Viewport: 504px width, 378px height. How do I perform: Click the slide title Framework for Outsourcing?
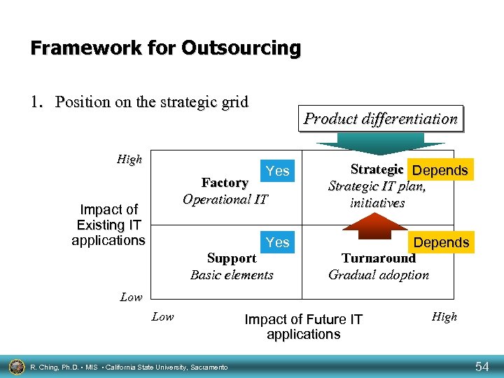166,48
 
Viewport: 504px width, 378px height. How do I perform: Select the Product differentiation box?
380,119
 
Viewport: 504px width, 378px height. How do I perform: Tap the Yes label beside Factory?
277,171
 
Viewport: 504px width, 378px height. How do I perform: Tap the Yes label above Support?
277,242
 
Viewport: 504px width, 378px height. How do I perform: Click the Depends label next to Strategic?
440,171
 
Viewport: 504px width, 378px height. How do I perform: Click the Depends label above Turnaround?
441,242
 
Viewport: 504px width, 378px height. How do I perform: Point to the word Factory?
225,183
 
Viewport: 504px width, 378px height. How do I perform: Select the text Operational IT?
225,199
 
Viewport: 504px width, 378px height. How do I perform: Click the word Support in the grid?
232,258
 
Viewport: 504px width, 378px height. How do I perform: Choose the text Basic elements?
232,274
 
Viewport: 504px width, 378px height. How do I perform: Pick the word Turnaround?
378,258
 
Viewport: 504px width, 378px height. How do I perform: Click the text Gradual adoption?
379,274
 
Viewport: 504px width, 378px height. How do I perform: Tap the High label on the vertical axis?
129,160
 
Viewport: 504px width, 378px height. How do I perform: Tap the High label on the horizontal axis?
444,317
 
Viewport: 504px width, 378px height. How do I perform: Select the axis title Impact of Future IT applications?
303,327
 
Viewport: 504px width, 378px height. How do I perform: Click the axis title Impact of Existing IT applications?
108,225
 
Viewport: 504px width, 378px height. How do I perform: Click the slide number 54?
482,366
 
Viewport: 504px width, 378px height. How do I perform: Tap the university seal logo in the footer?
15,366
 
